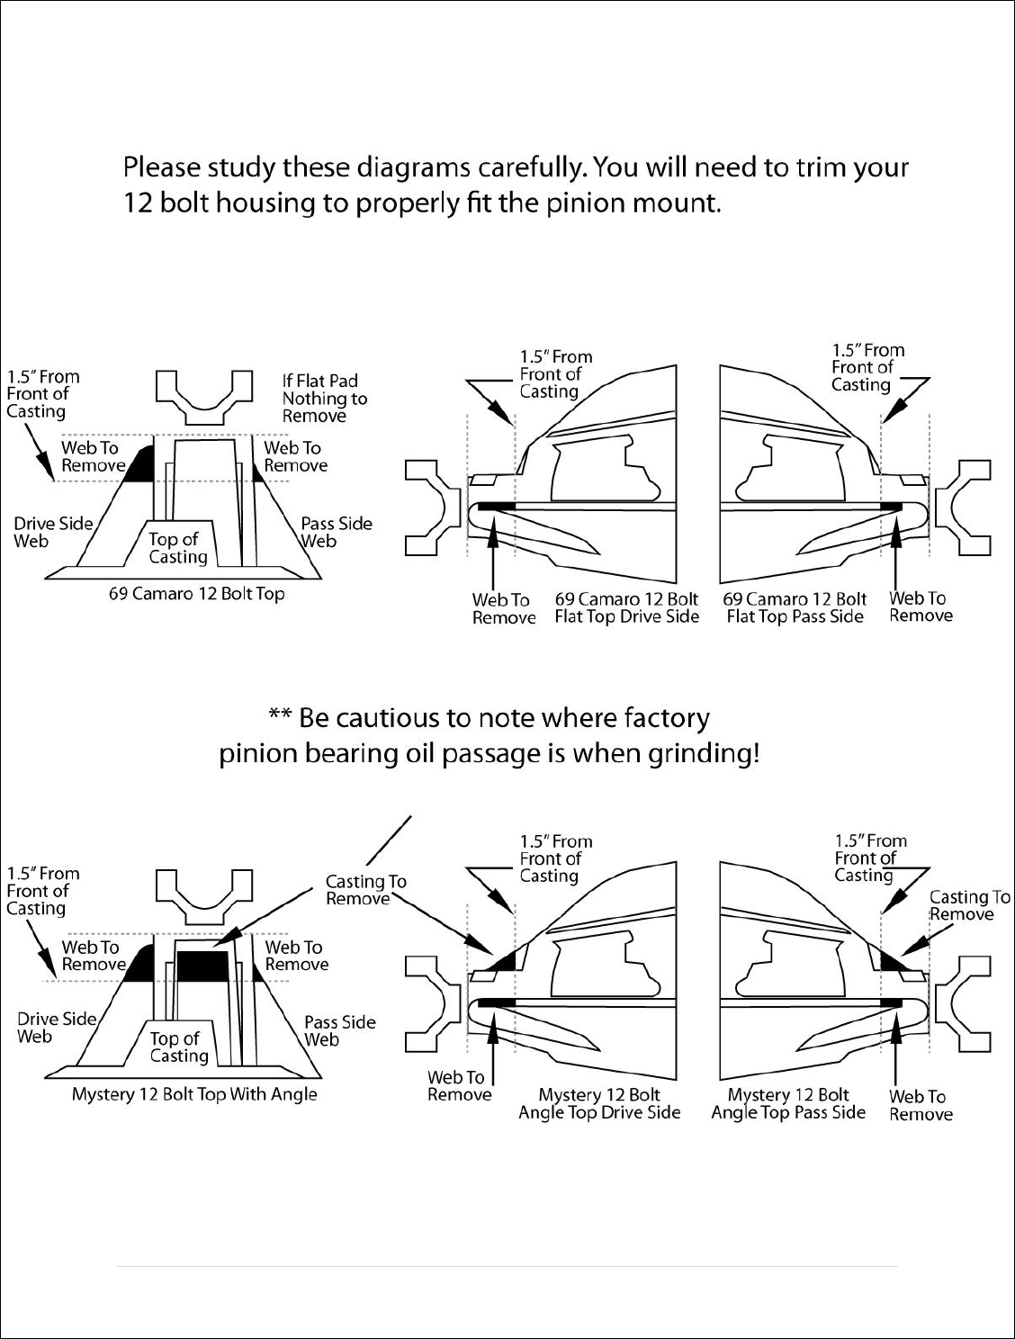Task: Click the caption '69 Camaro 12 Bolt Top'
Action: coord(196,594)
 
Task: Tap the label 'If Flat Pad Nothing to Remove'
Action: coord(325,399)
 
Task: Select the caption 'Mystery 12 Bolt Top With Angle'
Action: coord(194,1094)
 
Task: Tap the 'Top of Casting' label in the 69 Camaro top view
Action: coord(178,548)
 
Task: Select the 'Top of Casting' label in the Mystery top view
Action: coord(179,1047)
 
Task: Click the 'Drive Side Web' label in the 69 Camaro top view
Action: coord(53,532)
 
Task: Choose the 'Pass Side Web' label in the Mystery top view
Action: coord(340,1031)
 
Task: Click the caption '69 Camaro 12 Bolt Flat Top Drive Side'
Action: coord(626,607)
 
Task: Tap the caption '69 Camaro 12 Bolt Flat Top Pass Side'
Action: coord(795,607)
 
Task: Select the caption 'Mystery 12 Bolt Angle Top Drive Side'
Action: coord(599,1103)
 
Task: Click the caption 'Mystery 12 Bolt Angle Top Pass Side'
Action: coord(788,1103)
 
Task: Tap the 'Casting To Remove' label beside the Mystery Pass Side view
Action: coord(970,905)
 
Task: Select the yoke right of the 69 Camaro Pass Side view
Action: coord(963,508)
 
